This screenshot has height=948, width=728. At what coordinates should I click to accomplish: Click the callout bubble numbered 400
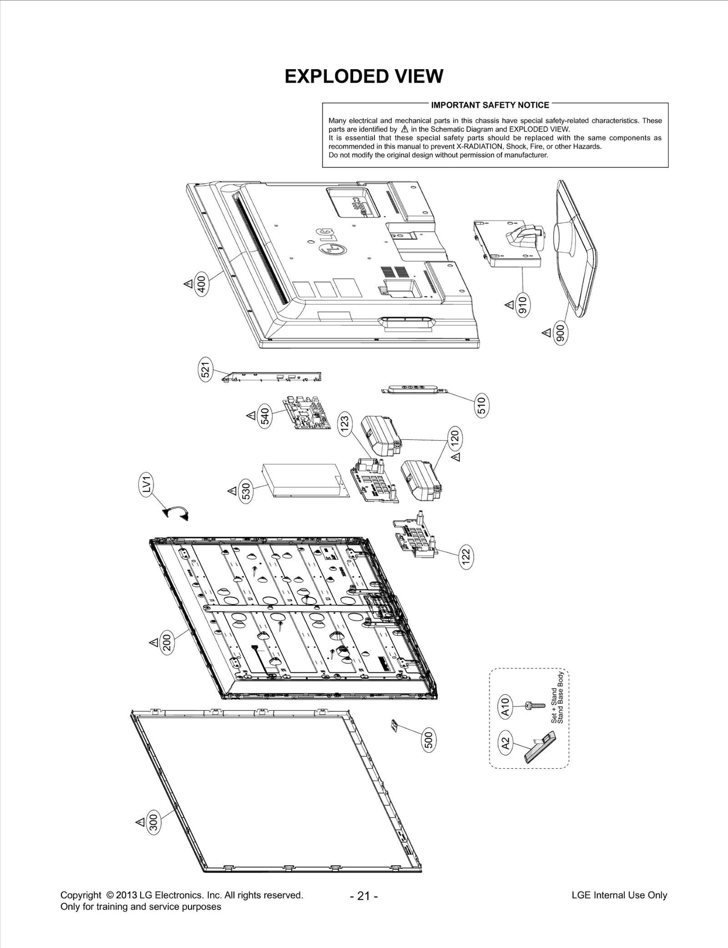point(201,283)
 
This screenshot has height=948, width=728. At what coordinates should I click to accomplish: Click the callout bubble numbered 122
point(465,556)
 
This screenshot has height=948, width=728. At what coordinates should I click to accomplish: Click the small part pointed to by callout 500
point(394,725)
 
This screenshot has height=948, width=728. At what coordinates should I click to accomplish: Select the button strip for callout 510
point(415,390)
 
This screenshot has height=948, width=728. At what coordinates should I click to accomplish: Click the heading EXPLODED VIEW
point(364,76)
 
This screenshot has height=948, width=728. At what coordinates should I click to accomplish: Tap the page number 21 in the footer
point(364,896)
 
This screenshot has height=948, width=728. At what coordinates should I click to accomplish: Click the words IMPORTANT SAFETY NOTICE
point(490,105)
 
